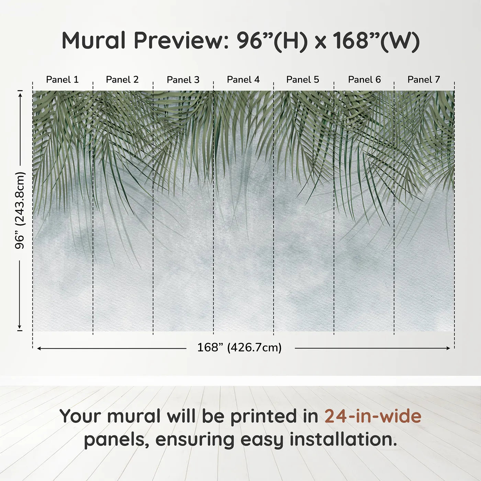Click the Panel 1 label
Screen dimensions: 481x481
click(62, 79)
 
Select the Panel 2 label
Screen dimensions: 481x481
click(122, 79)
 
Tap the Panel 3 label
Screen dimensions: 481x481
click(183, 80)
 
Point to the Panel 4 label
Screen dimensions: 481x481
click(243, 79)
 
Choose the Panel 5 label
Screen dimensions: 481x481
click(303, 79)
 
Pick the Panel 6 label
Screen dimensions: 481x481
click(364, 79)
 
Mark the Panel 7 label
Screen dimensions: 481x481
click(424, 79)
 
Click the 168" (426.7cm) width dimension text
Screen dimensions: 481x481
click(239, 347)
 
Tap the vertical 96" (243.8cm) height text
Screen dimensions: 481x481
click(20, 210)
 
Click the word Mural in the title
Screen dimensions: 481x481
click(94, 40)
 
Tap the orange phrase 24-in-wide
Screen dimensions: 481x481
click(373, 416)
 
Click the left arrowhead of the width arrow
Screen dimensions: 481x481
click(39, 348)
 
